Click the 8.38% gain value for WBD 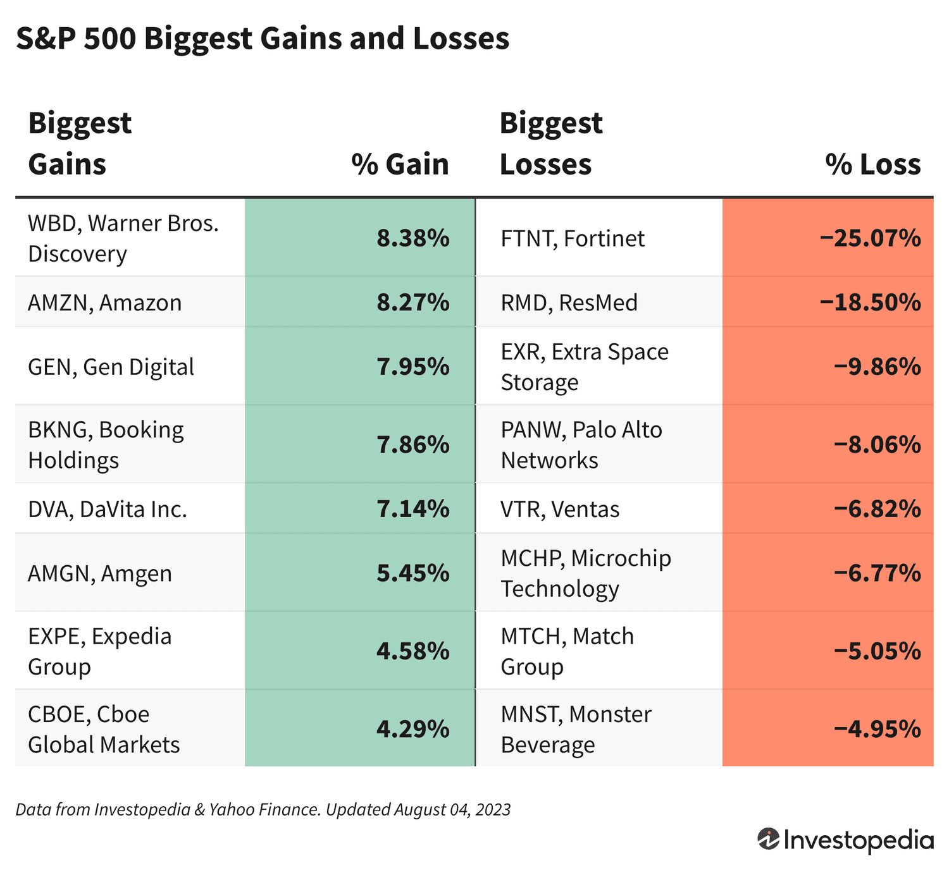coord(412,238)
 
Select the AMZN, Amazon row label coord(105,303)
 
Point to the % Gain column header coord(400,164)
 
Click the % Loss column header coord(872,164)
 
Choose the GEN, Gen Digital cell coord(111,367)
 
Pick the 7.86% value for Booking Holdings coord(412,445)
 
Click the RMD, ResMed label coord(569,303)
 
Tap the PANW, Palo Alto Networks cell coord(581,445)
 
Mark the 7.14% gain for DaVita coord(412,509)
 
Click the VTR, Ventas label coord(560,509)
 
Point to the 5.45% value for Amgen coord(412,573)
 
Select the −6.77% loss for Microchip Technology coord(877,573)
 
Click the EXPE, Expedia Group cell coord(99,651)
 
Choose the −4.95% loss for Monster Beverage coord(877,730)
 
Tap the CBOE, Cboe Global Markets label coord(104,730)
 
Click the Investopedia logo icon coord(768,840)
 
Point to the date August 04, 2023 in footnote coord(452,810)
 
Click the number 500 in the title coord(109,39)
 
